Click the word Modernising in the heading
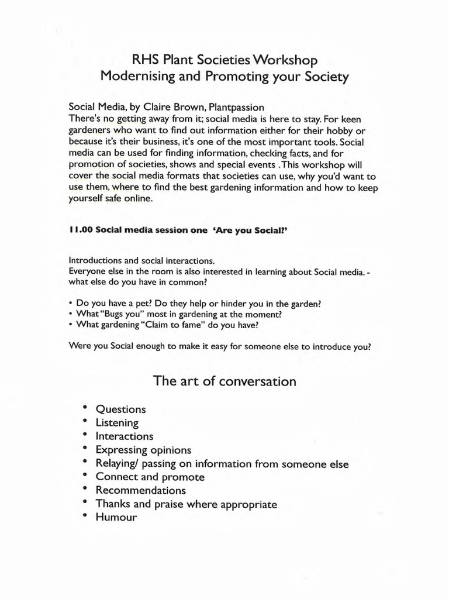click(134, 77)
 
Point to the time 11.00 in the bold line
click(81, 230)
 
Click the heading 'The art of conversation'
click(224, 381)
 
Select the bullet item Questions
click(120, 409)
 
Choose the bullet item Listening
click(117, 422)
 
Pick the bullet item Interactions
click(125, 436)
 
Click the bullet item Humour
click(116, 517)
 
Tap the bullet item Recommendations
click(141, 490)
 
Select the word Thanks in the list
click(113, 504)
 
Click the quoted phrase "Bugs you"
click(125, 314)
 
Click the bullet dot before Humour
click(85, 515)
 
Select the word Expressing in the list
click(122, 450)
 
